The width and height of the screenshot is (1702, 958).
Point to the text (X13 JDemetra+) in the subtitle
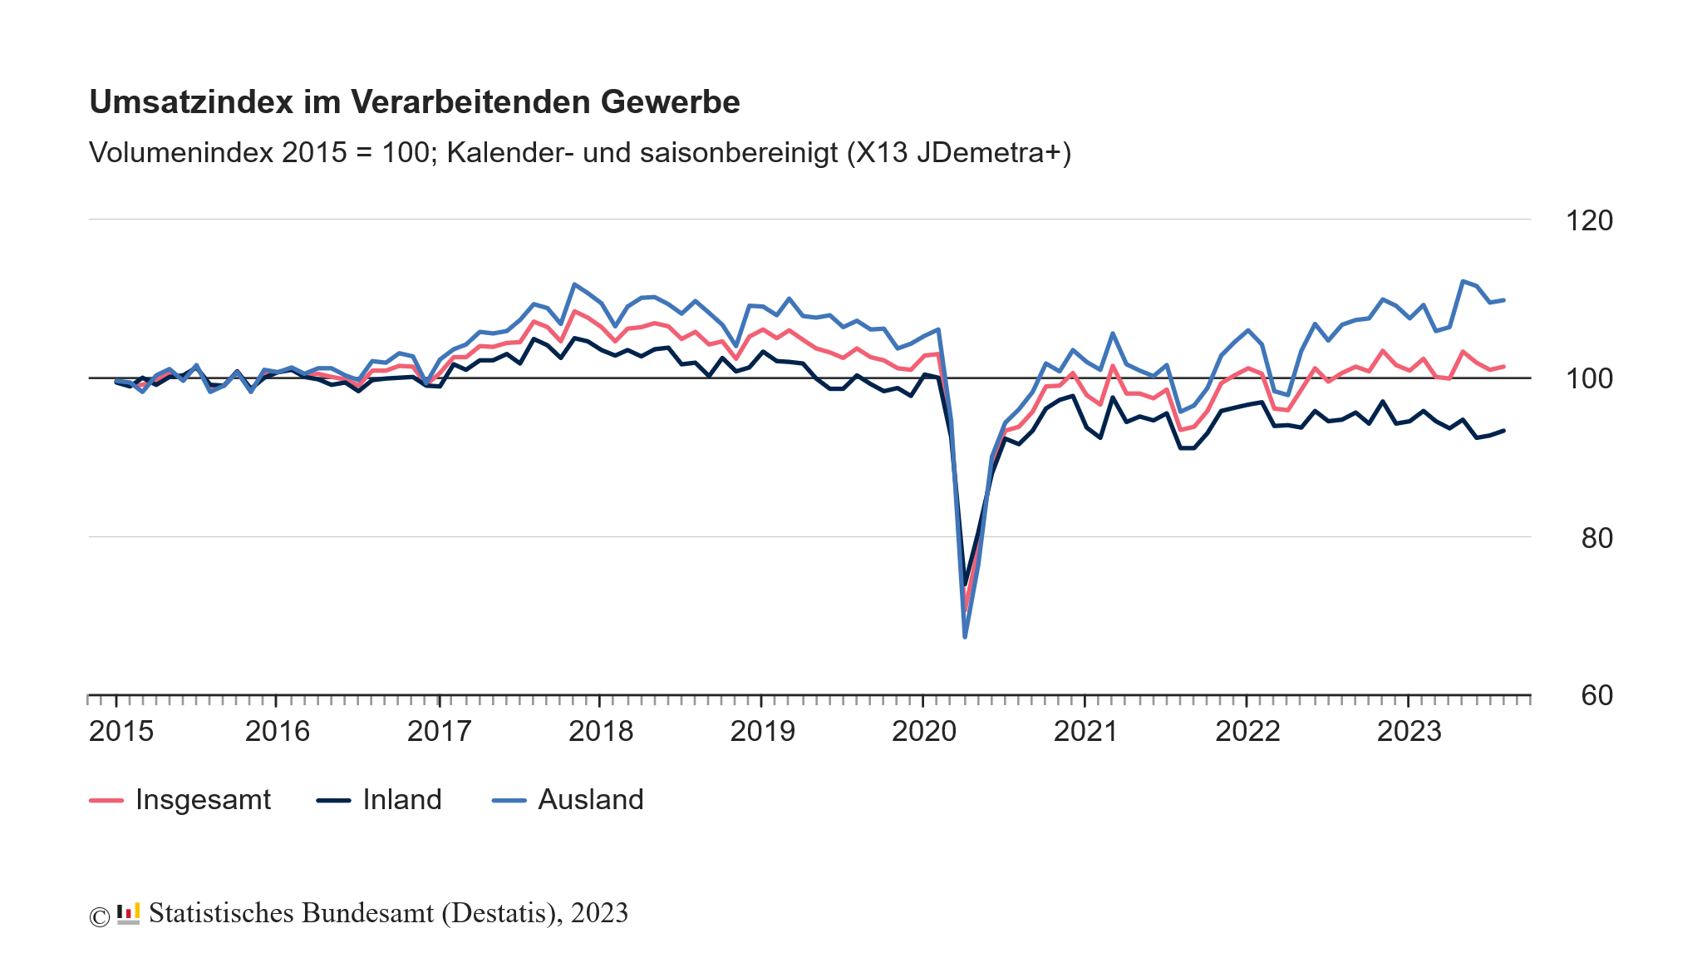959,153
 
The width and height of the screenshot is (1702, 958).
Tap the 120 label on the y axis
1588,220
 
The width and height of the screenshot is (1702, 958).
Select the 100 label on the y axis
1588,379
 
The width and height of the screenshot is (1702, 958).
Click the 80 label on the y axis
1596,538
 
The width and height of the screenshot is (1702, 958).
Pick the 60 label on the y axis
1596,695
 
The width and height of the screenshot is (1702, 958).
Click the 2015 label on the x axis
121,731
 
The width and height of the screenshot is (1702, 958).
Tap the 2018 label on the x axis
601,731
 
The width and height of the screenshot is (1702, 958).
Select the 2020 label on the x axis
924,731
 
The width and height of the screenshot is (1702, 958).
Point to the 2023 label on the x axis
1409,731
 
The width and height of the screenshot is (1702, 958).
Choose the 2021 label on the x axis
1086,731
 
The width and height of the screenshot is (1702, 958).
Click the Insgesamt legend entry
202,799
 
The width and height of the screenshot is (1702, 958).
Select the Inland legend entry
401,799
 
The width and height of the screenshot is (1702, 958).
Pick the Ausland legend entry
590,799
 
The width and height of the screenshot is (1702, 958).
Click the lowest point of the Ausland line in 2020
965,637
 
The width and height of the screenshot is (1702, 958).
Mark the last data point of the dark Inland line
1504,430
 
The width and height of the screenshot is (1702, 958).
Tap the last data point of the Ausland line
1504,300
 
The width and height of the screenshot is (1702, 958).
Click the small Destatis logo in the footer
128,914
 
